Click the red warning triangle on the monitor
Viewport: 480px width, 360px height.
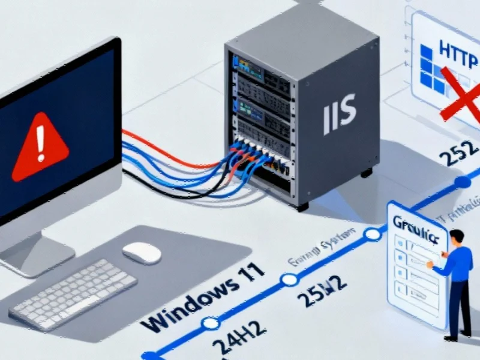[x=41, y=147]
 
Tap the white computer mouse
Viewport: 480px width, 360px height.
[x=142, y=253]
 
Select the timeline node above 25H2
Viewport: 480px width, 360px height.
[x=290, y=279]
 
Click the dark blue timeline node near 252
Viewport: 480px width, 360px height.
[x=462, y=182]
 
